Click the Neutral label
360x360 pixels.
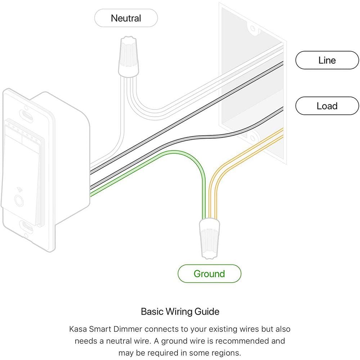[126, 18]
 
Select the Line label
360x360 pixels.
[327, 60]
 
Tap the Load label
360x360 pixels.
[327, 106]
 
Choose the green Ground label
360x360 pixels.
[210, 274]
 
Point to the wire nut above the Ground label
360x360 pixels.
[209, 239]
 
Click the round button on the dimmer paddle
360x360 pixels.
[19, 200]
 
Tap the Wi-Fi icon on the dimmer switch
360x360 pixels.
[19, 190]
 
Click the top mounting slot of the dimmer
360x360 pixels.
[26, 114]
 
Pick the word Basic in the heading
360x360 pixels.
[152, 311]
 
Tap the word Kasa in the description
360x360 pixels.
[78, 329]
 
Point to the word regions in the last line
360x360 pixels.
[226, 353]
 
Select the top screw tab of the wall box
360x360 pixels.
[253, 28]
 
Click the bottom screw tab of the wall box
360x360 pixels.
[253, 138]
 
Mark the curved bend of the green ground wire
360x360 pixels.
[195, 163]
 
